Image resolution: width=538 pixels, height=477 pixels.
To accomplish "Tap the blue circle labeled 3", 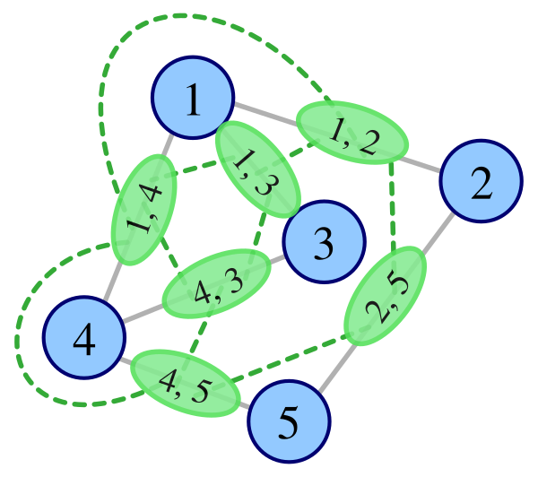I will coord(324,241).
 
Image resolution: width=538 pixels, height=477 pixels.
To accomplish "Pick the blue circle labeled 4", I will coord(84,338).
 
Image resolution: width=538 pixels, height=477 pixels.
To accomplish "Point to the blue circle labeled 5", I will coord(289,421).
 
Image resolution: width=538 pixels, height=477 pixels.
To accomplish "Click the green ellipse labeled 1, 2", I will coord(351,133).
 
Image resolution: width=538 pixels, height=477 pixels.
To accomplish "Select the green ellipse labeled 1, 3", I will coord(256,168).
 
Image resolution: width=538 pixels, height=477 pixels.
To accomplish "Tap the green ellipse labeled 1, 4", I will coord(143,209).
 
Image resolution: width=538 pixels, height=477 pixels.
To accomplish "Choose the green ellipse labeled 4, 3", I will coord(216,282).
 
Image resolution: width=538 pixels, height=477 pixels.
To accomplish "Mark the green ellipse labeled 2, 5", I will coord(386,295).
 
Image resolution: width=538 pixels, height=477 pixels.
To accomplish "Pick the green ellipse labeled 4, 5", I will coord(186,383).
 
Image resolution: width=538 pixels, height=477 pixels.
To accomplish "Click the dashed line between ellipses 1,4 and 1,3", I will coord(196,167).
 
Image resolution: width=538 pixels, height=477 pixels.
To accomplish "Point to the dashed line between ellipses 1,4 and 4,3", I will coord(169,258).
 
